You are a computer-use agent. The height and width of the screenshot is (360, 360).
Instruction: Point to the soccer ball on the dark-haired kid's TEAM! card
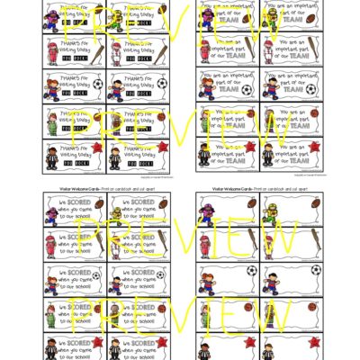[310, 88]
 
